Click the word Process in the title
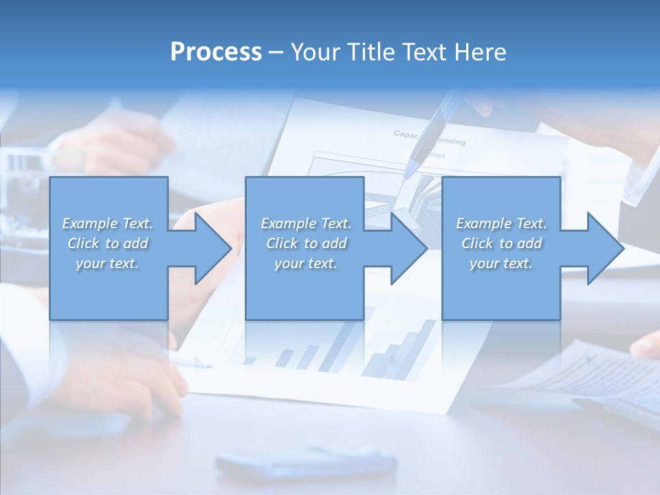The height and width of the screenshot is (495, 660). point(216,52)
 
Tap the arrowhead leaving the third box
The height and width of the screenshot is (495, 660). point(604,248)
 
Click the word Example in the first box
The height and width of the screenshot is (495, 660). point(90,223)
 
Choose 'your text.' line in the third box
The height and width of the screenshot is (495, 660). point(500,263)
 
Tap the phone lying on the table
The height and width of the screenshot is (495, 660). point(306,463)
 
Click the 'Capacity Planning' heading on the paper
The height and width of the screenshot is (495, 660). point(429,137)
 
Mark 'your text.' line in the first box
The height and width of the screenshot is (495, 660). point(107,263)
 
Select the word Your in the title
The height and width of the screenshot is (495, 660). point(313,52)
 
